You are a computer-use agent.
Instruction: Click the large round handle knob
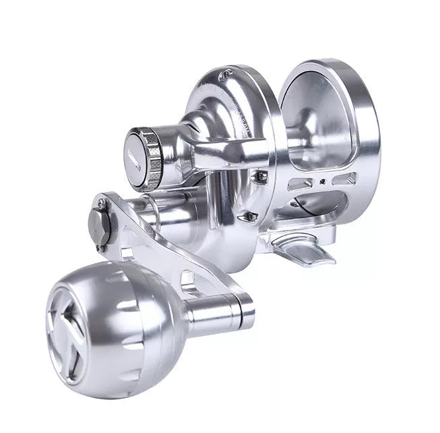click(x=108, y=310)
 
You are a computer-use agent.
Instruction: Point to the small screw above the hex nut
click(x=100, y=199)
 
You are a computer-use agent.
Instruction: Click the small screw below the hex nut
click(x=100, y=248)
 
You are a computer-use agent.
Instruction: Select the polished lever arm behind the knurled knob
click(x=222, y=152)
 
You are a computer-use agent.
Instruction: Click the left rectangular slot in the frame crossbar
click(x=301, y=184)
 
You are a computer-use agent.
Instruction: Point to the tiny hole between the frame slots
click(x=323, y=181)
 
